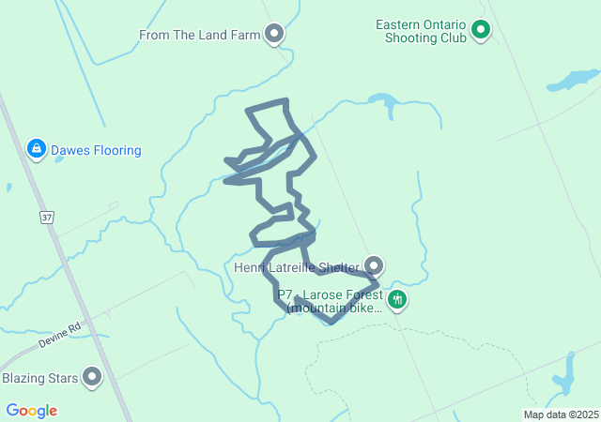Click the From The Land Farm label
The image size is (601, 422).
pos(199,36)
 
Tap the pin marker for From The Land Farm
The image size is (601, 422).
pos(274,35)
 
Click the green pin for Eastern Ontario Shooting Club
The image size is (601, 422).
pos(481,30)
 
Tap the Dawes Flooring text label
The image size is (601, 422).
pos(96,150)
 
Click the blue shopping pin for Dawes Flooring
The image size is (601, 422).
pos(36,148)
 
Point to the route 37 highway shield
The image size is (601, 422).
pos(46,218)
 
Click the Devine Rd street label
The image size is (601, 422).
pos(61,337)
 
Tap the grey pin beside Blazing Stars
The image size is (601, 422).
pos(92,377)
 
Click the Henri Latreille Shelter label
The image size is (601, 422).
pos(297,268)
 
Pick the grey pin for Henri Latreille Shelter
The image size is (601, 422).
pos(374,265)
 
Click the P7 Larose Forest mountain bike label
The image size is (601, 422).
pos(330,301)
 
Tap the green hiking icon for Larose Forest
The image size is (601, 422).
pos(397,300)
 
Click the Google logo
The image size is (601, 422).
pos(31,411)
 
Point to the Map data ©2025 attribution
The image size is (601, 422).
pos(561,414)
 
